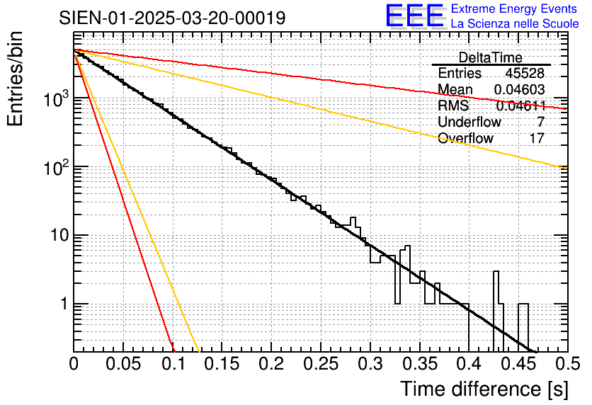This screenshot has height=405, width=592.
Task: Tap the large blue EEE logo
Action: click(x=414, y=16)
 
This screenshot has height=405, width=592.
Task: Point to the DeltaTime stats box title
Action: click(x=490, y=57)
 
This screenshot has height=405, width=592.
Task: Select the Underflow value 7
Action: click(x=541, y=122)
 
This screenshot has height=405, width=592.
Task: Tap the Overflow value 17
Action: click(x=537, y=138)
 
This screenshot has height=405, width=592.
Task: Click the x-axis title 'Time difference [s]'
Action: click(x=483, y=389)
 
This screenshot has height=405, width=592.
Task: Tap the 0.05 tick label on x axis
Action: click(x=123, y=364)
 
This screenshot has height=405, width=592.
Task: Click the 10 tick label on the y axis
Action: click(x=55, y=236)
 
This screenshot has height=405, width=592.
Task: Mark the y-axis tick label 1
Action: click(x=61, y=304)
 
